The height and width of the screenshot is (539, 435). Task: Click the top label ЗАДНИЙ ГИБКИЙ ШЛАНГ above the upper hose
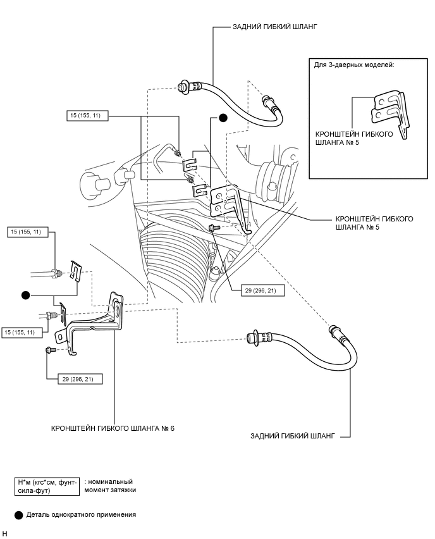click(275, 27)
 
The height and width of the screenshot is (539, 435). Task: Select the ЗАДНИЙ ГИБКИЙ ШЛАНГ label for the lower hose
click(292, 436)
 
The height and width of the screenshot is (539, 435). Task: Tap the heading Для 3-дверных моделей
click(354, 65)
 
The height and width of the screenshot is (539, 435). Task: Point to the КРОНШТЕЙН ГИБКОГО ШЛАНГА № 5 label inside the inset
click(354, 138)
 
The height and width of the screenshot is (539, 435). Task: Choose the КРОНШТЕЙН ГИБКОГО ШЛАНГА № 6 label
click(113, 428)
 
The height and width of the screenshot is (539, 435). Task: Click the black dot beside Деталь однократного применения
click(19, 515)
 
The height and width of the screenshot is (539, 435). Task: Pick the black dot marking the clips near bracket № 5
click(223, 118)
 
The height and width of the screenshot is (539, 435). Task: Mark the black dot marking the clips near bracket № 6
click(26, 295)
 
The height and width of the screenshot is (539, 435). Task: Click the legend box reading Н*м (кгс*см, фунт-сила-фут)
click(47, 486)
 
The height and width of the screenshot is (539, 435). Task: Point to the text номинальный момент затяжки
click(110, 486)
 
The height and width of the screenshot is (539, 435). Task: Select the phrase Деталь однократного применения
click(81, 514)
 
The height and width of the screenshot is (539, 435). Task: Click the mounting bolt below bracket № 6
click(51, 350)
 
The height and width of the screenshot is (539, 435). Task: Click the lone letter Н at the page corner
click(4, 533)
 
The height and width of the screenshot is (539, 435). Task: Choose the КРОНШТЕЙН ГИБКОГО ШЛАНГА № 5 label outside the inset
click(374, 223)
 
